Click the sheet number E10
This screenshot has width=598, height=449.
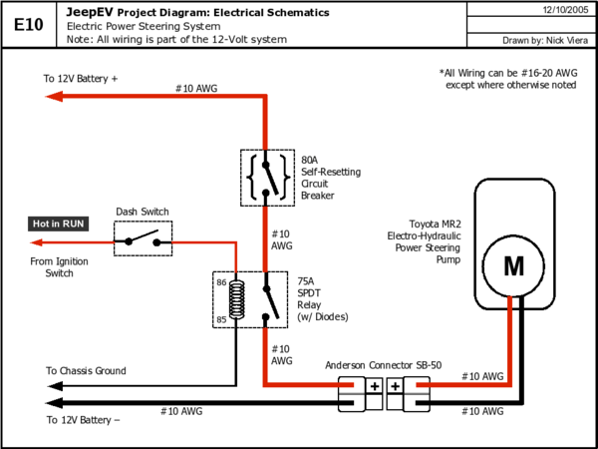pos(29,25)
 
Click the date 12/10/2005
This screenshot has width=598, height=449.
pos(565,10)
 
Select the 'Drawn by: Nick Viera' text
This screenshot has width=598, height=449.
pos(545,40)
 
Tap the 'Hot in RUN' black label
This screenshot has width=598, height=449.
pos(58,224)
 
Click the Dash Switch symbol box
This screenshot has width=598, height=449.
pos(143,238)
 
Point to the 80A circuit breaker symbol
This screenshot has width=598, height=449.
pos(267,178)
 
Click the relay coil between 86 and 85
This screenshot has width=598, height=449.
pos(236,299)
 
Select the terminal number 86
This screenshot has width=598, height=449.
pos(221,283)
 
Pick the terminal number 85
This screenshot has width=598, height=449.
pos(221,319)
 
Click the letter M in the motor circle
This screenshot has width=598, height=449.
pos(513,266)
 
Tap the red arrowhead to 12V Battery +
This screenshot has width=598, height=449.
pos(54,96)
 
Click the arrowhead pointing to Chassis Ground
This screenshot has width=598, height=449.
pos(55,386)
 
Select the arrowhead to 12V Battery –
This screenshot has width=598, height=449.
pos(54,403)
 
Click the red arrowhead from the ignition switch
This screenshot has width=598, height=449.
pos(37,242)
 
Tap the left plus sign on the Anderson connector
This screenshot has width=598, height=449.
pos(375,386)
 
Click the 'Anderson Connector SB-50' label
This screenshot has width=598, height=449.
pos(384,365)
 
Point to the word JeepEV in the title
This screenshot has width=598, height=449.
pos(90,12)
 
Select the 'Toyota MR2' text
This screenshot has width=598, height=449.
pos(436,224)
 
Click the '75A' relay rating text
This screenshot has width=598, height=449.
pos(306,281)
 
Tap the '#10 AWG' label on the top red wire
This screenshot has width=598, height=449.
pos(196,89)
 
